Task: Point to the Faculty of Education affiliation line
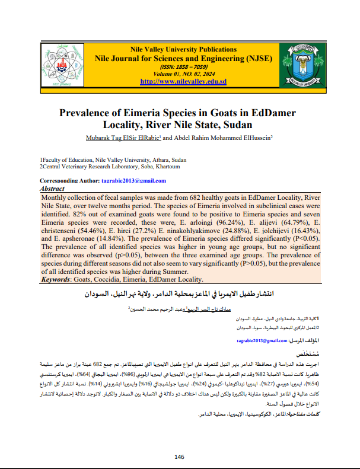pyautogui.click(x=113, y=160)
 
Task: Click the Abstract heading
pyautogui.click(x=52, y=188)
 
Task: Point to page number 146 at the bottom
pyautogui.click(x=180, y=457)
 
